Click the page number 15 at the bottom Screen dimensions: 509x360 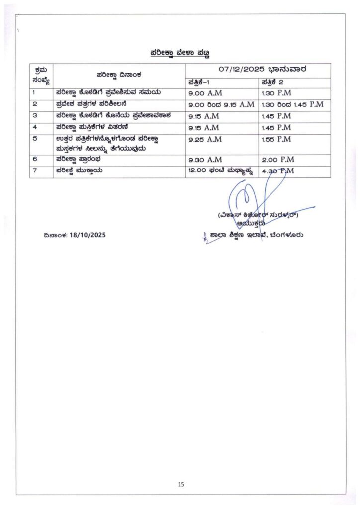pos(180,484)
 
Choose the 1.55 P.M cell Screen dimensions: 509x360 pos(276,139)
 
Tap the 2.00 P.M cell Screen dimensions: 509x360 pos(277,160)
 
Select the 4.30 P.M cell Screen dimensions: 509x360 pos(277,171)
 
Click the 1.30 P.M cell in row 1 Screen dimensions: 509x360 pos(276,93)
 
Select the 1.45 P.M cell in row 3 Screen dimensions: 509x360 pos(276,116)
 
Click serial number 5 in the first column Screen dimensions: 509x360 pos(34,139)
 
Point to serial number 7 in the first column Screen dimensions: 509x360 pos(34,171)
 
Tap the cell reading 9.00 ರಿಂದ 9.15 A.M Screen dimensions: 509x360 pos(221,104)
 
